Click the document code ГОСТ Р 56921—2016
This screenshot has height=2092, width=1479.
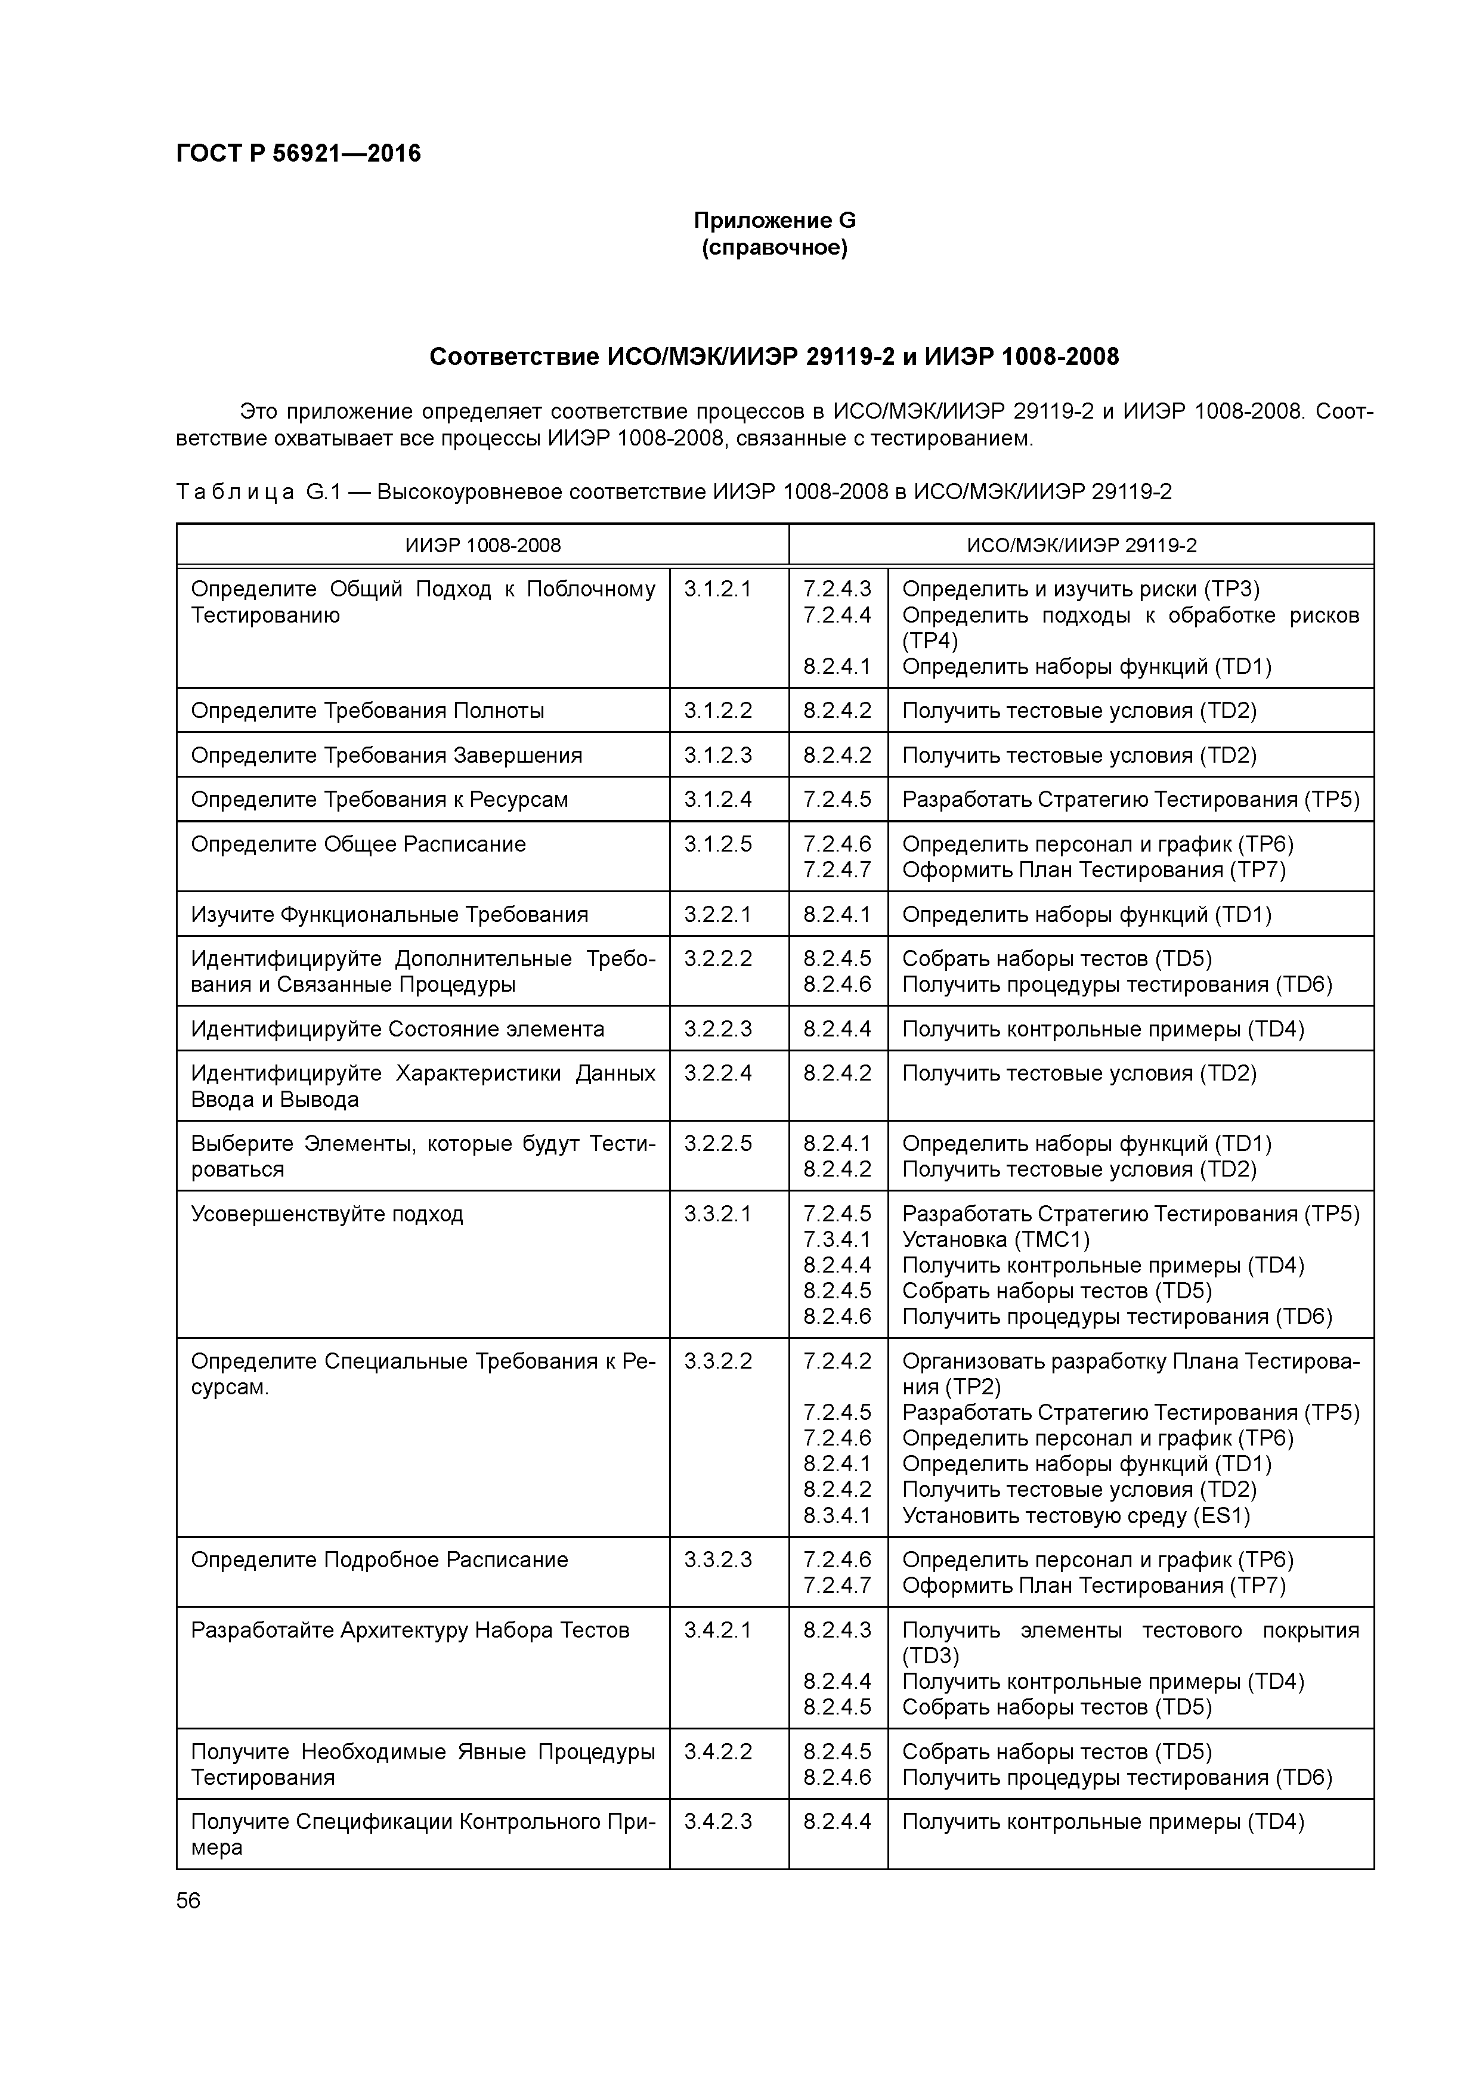coord(298,153)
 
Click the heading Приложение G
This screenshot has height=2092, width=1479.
coord(775,221)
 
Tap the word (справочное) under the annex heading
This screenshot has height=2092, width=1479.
coord(775,248)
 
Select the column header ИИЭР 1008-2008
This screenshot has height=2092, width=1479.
coord(483,545)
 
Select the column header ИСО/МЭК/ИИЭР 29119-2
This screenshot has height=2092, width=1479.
coord(1082,545)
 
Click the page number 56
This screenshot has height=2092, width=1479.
coord(188,1901)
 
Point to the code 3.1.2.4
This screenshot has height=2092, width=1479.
coord(718,799)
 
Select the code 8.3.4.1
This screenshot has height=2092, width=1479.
coord(837,1515)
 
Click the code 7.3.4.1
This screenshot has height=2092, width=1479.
coord(837,1239)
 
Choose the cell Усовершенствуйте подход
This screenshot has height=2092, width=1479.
coord(327,1214)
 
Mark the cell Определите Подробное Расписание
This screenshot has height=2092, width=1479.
coord(379,1560)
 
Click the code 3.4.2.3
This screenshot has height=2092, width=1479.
coord(718,1821)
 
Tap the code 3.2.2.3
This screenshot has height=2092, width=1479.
coord(718,1029)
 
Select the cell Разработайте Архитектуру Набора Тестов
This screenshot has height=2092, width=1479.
coord(410,1630)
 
